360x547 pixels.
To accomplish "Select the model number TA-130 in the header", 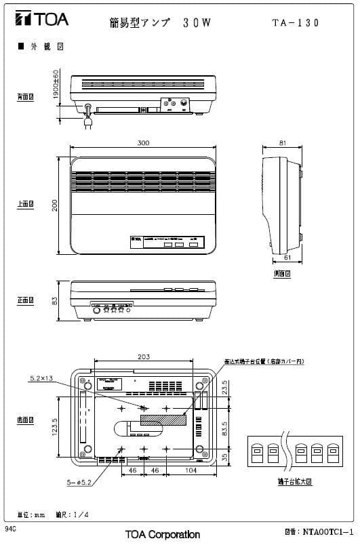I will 295,22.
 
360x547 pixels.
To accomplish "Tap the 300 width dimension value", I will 143,143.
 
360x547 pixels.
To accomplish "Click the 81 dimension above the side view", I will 282,143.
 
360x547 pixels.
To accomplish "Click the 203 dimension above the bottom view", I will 144,356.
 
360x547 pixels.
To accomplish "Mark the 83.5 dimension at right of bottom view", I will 226,430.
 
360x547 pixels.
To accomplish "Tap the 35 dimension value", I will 226,458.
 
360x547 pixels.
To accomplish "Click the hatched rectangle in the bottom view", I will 163,420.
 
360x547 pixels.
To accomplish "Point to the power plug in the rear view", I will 87,123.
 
